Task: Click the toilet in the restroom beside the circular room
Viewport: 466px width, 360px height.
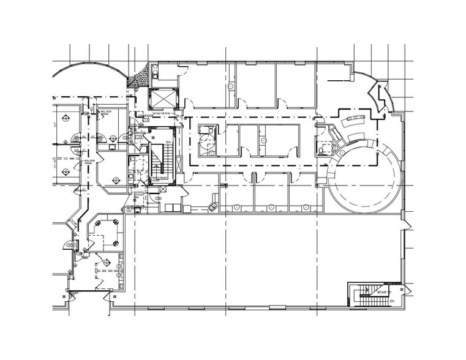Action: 321,148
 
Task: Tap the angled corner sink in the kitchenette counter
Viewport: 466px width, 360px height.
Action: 214,206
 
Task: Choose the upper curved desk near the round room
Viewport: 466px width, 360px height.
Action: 355,121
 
